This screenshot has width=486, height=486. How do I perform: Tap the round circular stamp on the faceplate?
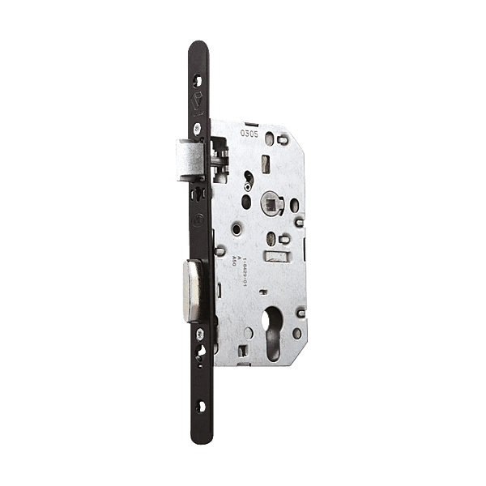(198, 219)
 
